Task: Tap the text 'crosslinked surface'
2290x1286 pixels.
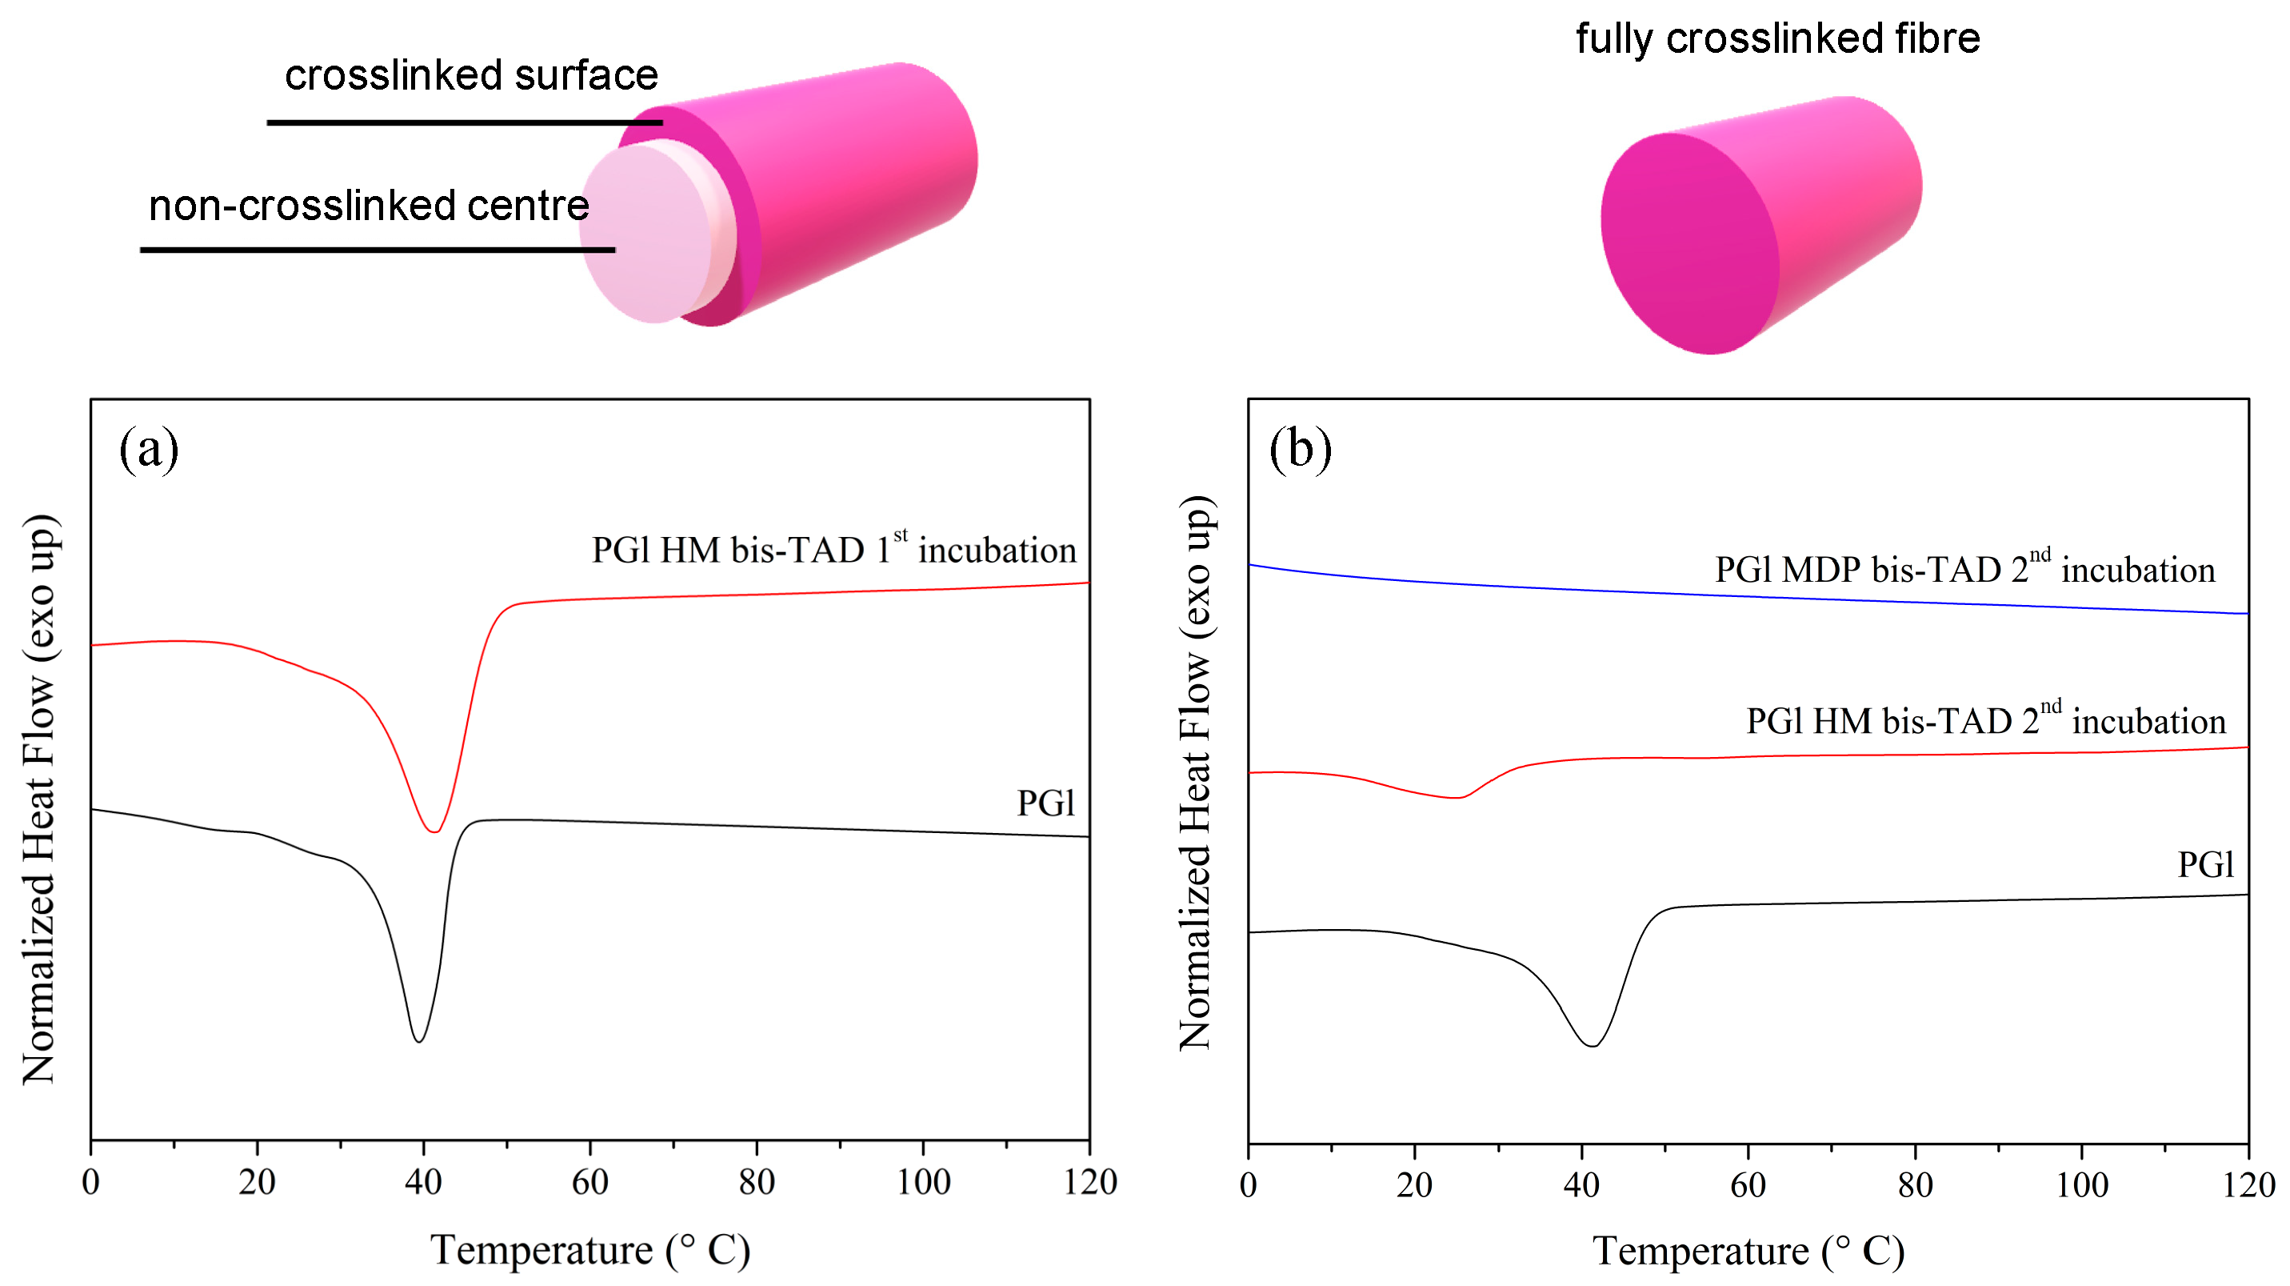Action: [471, 75]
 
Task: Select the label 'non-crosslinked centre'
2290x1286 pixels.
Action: [369, 206]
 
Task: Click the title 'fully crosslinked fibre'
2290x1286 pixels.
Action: [1778, 39]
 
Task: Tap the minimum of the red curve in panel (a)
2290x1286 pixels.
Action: [434, 831]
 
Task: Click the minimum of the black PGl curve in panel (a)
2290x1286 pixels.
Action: [418, 1040]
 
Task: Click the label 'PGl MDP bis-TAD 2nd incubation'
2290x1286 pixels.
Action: [1964, 569]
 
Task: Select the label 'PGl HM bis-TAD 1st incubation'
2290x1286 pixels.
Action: [834, 550]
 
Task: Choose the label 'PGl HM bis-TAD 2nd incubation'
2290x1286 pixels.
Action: [1985, 720]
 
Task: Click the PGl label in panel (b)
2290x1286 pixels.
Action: [2204, 864]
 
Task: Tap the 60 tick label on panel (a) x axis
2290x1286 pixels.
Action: [589, 1182]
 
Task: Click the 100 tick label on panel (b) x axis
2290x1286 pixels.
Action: [2081, 1185]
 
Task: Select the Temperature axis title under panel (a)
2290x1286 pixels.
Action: [590, 1251]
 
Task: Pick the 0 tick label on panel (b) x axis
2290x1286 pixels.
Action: [1248, 1185]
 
